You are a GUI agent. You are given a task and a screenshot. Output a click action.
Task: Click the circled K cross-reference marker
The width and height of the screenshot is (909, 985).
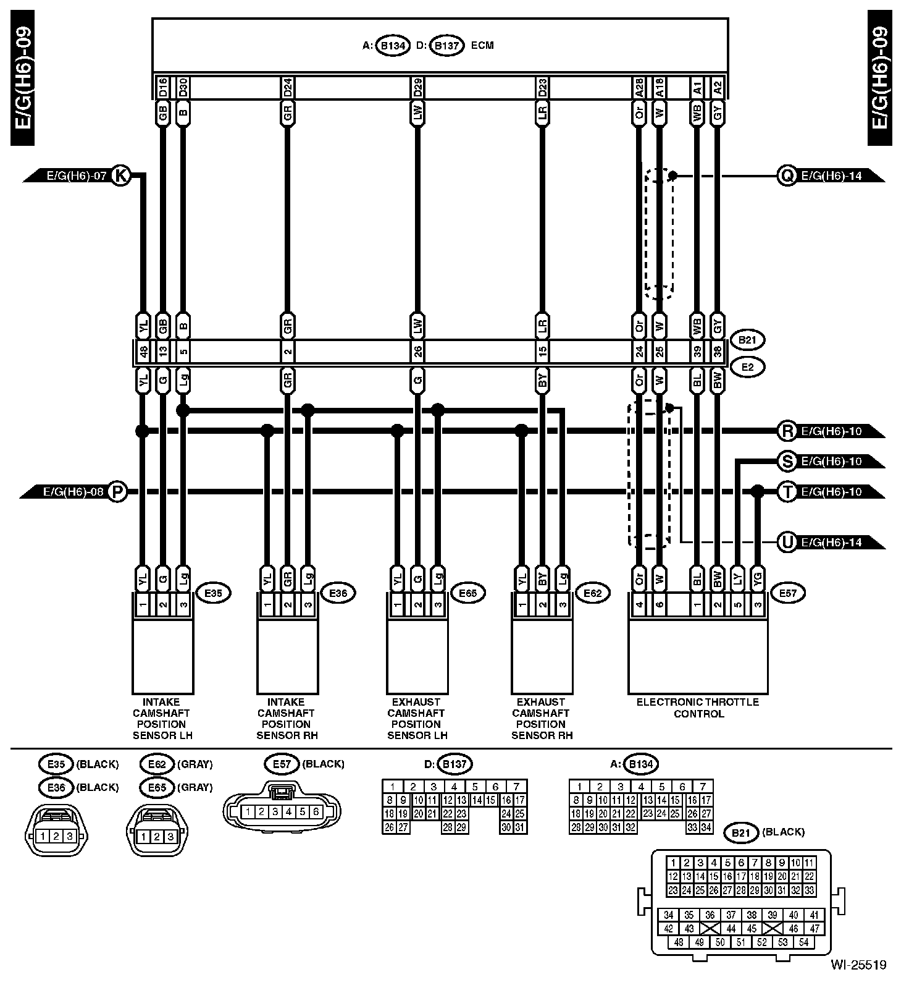pos(121,175)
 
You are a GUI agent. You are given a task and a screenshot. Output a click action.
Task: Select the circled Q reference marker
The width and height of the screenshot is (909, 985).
pos(787,175)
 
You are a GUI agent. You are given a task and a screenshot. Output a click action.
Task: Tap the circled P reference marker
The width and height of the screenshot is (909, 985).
pos(117,492)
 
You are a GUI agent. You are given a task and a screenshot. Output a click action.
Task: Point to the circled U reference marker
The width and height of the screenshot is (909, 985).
pos(787,543)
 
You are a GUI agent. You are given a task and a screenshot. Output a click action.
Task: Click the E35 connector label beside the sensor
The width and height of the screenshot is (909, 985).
pos(213,593)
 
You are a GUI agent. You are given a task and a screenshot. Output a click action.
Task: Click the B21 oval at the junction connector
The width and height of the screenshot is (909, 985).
pos(747,339)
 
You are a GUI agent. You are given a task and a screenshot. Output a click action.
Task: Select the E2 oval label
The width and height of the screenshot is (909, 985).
pos(747,367)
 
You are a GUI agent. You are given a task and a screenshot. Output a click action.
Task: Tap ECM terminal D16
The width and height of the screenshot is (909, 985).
pos(163,87)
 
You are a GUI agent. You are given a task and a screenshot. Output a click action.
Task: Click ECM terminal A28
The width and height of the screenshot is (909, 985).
pos(640,87)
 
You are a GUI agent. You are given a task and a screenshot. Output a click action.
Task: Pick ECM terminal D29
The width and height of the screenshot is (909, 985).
pos(418,87)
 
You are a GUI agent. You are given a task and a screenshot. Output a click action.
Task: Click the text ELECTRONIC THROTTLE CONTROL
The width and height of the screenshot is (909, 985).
pos(698,708)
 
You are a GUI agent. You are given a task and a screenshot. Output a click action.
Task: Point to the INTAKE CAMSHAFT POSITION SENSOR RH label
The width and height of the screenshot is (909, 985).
pos(287,719)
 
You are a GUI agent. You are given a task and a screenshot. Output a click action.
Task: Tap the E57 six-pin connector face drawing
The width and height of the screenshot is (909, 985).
pos(282,811)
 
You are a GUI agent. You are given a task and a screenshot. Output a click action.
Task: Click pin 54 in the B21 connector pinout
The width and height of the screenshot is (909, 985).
pos(803,942)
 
